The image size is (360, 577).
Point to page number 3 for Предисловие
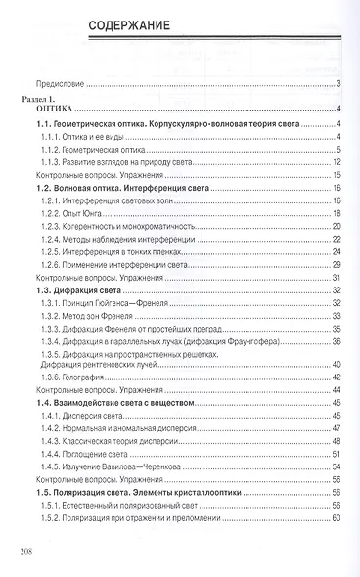(x=336, y=84)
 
